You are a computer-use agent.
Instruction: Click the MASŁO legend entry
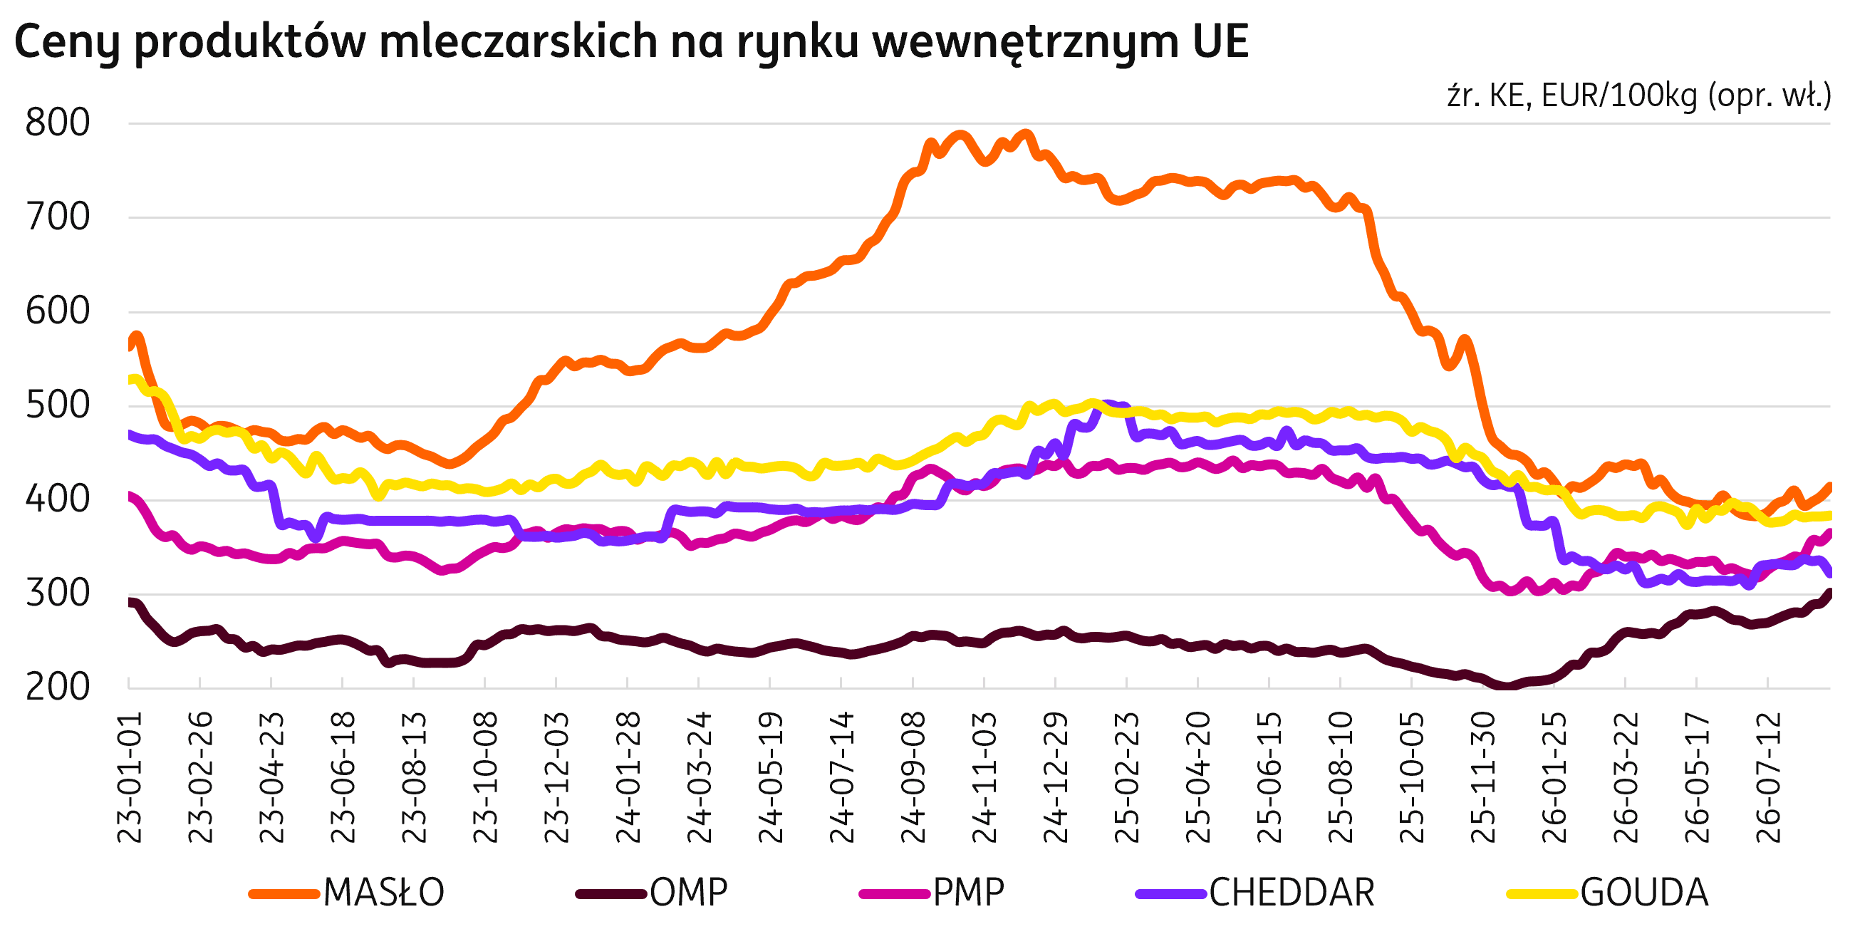[x=347, y=893]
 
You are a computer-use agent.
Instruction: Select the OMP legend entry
[x=652, y=893]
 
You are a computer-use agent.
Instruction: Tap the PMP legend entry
[x=932, y=893]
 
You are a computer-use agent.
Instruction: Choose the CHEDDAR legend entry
[x=1255, y=893]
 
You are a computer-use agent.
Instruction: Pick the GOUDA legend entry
[x=1608, y=893]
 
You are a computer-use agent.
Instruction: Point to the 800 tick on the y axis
[x=58, y=123]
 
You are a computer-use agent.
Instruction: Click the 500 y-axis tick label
[x=58, y=405]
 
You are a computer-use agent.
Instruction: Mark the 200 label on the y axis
[x=58, y=687]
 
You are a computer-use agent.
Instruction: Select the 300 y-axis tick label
[x=58, y=593]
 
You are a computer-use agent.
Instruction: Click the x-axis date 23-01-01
[x=130, y=777]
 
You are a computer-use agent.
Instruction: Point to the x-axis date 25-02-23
[x=1128, y=777]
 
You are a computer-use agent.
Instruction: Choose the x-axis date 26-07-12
[x=1769, y=777]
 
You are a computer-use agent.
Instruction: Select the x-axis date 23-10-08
[x=487, y=777]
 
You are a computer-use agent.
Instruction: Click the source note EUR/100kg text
[x=1619, y=95]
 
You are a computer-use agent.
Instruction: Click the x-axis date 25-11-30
[x=1484, y=777]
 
